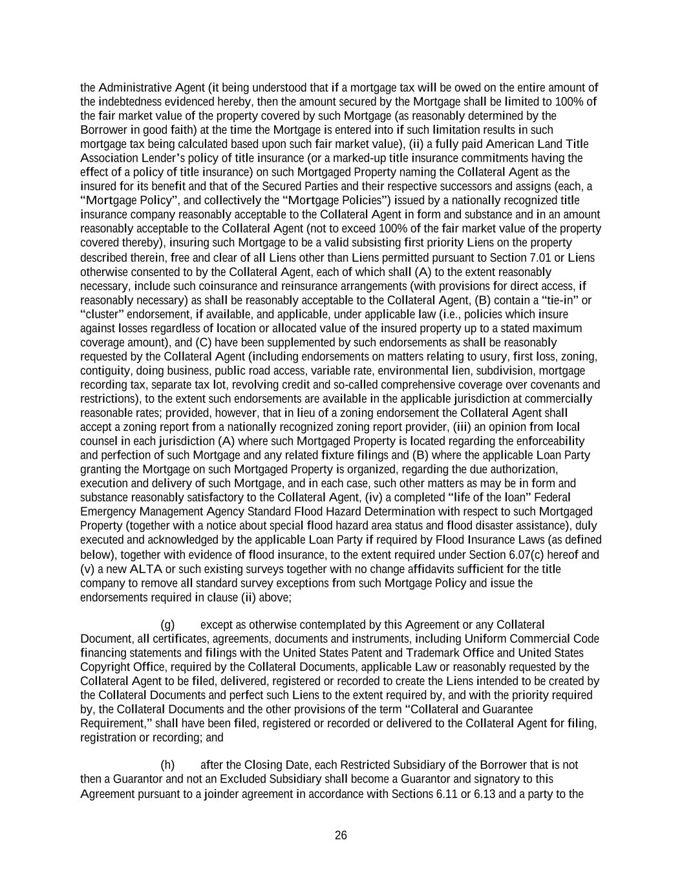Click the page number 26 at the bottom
point(341,835)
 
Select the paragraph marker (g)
point(167,625)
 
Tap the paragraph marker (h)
point(167,765)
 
